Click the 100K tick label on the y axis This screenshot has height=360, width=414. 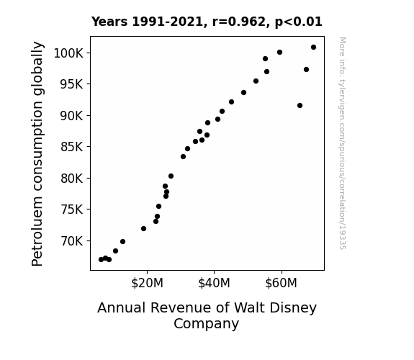[68, 53]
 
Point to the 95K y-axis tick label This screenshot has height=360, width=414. [71, 84]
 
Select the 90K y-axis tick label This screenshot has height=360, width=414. [71, 116]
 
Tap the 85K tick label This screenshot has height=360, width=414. [71, 147]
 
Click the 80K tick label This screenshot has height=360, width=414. [71, 179]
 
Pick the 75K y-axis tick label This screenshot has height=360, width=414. [71, 210]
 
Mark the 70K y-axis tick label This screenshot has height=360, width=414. [71, 241]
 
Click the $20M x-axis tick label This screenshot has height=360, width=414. [147, 283]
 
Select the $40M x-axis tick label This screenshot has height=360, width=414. [214, 283]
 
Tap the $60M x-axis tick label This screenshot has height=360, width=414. [282, 283]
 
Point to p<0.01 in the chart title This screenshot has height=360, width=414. [299, 22]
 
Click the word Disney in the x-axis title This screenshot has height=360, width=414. [294, 308]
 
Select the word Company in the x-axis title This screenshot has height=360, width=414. [206, 324]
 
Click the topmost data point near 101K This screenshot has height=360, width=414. [313, 48]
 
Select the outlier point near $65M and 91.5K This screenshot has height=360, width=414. [300, 106]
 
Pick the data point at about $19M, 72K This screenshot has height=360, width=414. [143, 228]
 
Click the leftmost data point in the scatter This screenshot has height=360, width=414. [101, 260]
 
